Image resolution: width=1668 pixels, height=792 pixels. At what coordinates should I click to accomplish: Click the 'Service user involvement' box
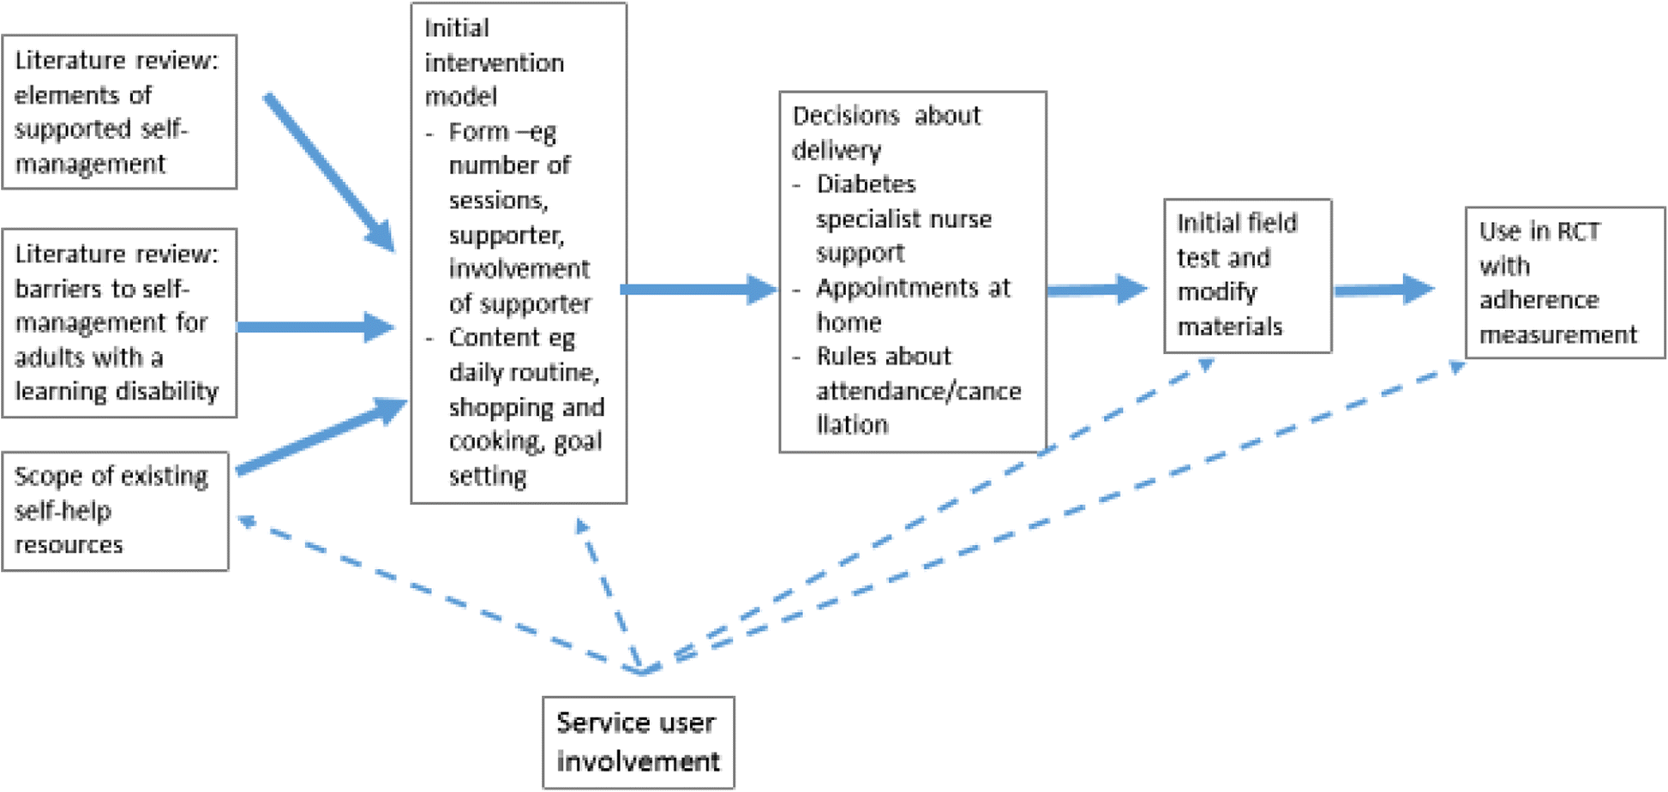[638, 741]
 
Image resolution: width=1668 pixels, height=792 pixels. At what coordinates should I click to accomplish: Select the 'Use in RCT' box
[1564, 282]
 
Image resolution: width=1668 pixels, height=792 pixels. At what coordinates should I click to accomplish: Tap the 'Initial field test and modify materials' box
[1246, 275]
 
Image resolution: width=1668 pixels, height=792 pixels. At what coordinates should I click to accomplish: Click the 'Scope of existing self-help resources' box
[115, 511]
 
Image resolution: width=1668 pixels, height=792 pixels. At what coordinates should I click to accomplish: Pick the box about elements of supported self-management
[118, 111]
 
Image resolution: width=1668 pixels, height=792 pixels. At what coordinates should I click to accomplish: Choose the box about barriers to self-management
[118, 322]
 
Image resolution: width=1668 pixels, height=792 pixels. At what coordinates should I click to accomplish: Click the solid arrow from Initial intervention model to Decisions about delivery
[699, 289]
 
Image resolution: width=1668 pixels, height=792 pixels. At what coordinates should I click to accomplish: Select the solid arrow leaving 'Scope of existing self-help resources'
[321, 435]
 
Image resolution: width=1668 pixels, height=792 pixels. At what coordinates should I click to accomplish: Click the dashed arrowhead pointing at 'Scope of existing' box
[247, 520]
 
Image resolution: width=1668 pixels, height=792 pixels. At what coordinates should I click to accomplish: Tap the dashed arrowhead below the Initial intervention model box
[582, 525]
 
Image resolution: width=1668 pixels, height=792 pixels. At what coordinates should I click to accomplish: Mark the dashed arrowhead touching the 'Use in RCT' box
[1456, 367]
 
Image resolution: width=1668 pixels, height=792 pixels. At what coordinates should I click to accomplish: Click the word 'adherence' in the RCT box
[1538, 300]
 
